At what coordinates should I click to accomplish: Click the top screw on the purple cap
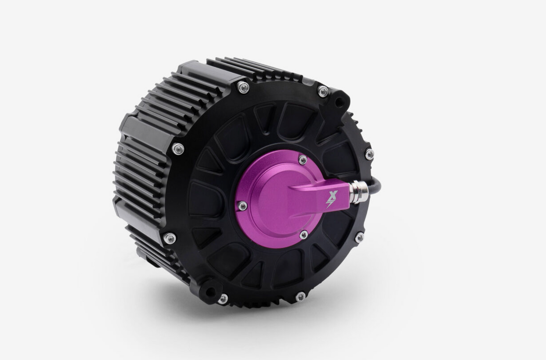click(302, 160)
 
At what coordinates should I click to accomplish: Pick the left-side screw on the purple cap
click(243, 206)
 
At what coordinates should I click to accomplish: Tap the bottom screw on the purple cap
click(303, 235)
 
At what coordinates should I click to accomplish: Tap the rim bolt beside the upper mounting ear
click(323, 91)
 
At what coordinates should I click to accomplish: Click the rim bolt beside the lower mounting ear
click(223, 299)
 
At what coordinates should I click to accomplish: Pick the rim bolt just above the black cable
click(369, 154)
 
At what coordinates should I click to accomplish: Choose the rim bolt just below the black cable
click(359, 237)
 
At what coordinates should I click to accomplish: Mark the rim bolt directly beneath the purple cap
click(300, 296)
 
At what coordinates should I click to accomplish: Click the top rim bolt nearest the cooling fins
click(243, 87)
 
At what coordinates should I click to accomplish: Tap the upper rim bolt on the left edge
click(178, 148)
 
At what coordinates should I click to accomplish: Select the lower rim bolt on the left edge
click(170, 238)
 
